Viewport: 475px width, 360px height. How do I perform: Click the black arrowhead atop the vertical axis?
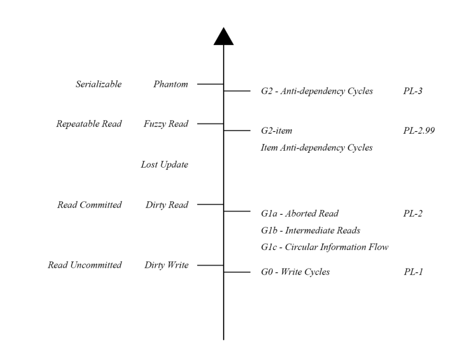223,37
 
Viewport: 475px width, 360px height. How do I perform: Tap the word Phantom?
171,84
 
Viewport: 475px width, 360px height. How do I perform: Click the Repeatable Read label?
89,124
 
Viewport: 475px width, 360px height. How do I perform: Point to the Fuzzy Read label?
166,124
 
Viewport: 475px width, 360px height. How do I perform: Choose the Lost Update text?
164,165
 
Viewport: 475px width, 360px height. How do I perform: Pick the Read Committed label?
89,205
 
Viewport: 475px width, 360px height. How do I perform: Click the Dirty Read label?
167,205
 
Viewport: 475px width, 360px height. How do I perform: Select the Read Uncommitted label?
84,265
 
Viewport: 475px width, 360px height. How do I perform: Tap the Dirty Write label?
166,265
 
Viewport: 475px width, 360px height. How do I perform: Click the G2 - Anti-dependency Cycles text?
317,92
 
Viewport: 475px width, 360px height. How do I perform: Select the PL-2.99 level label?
419,131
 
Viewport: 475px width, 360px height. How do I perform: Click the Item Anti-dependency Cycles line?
317,148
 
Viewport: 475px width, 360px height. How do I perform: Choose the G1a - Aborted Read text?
300,214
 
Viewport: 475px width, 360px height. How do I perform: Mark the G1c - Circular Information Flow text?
325,247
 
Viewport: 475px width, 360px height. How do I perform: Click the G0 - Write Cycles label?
295,272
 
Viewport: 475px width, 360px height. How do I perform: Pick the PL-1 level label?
413,272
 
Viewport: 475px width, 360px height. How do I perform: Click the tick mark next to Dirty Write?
210,265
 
